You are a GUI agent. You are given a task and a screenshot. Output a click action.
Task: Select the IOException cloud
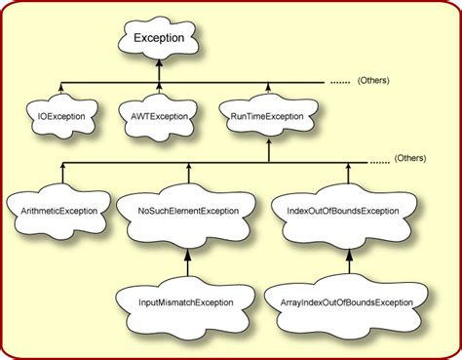tap(60, 116)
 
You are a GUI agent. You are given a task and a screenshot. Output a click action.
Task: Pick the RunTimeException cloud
tap(267, 117)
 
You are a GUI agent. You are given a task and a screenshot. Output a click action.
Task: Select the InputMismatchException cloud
tap(185, 302)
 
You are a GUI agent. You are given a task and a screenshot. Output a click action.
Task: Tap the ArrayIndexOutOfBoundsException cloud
tap(349, 302)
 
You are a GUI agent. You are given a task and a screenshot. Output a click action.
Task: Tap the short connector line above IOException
tap(60, 89)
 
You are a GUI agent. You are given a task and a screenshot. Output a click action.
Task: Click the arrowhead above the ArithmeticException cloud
tap(60, 169)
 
